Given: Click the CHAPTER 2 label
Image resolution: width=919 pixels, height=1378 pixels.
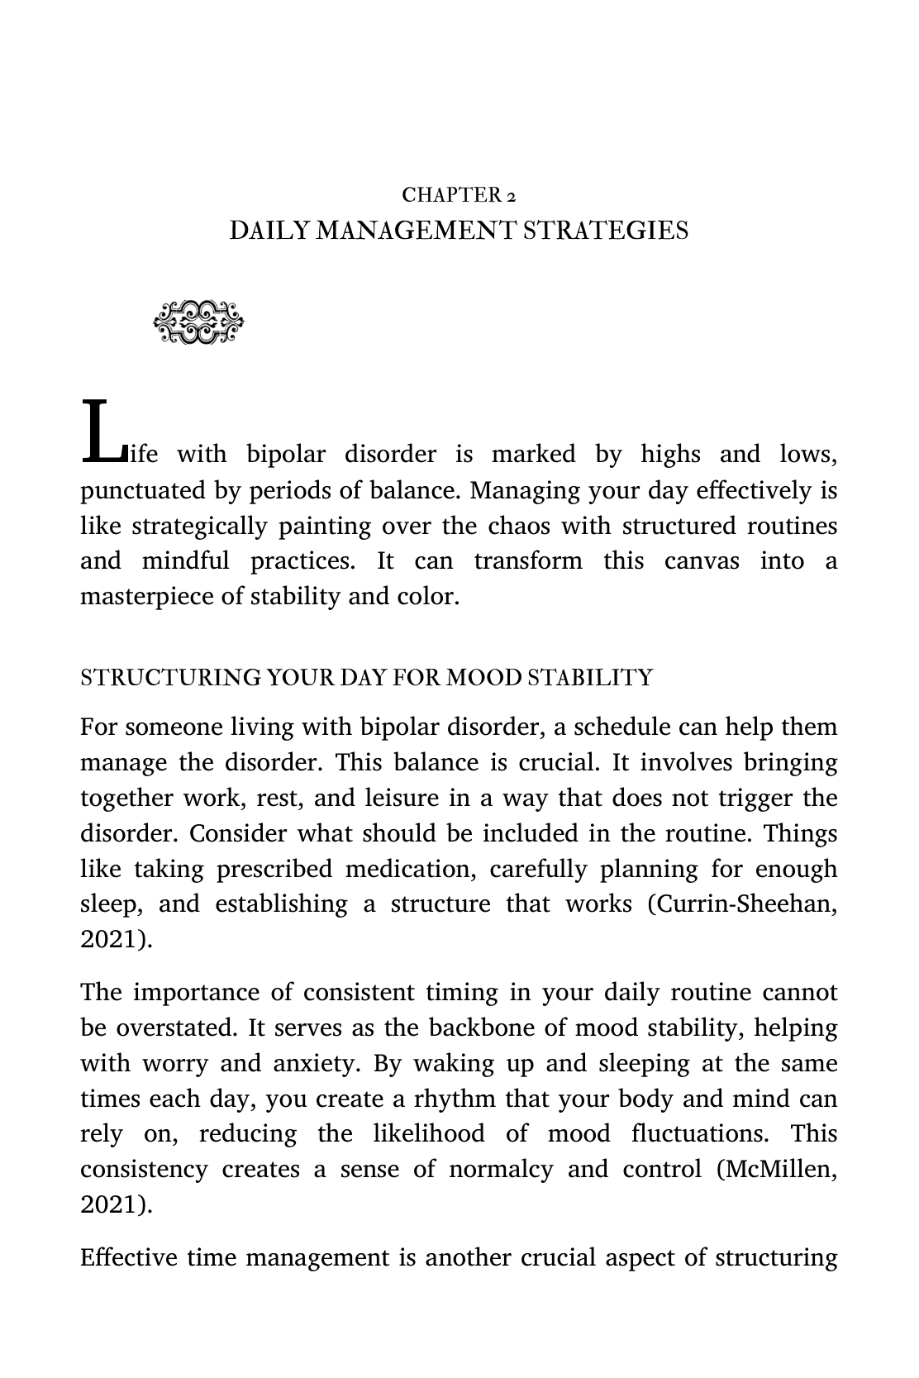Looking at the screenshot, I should coord(459,195).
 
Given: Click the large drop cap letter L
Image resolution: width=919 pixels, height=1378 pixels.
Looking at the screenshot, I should coord(101,432).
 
